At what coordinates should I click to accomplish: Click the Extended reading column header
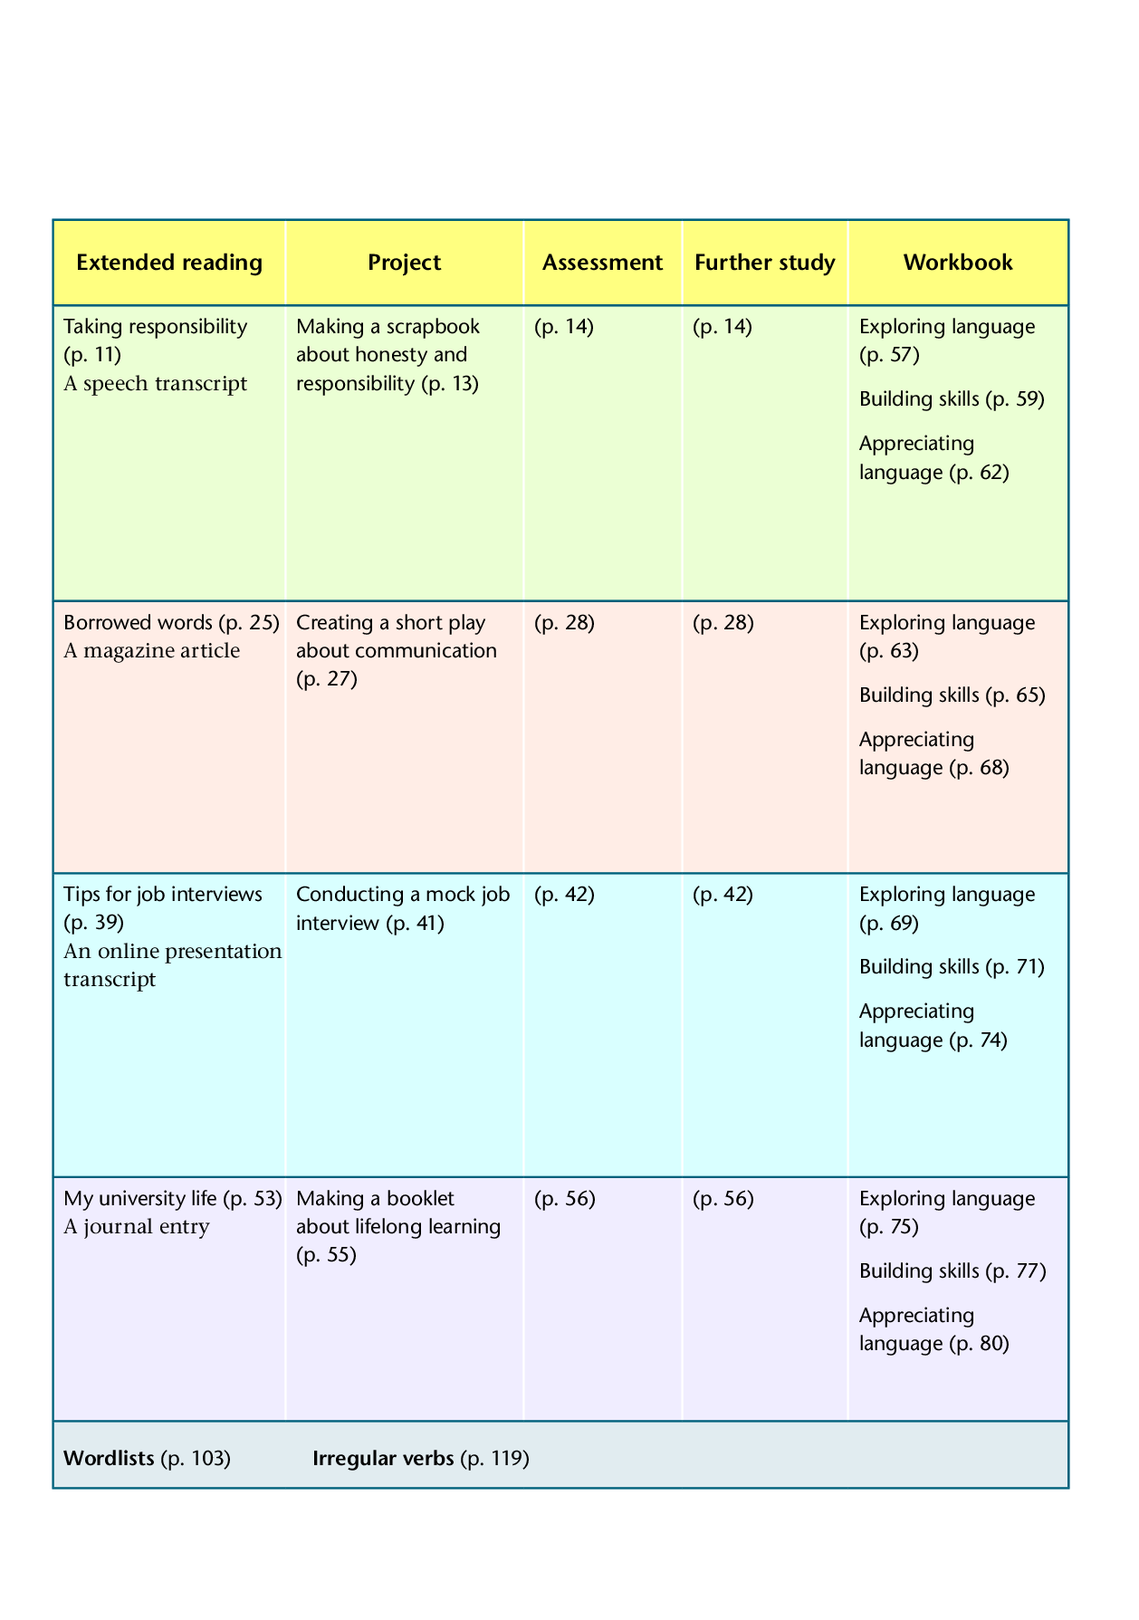(x=169, y=263)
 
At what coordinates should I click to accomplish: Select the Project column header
(x=404, y=263)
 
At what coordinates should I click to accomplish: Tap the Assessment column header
(x=602, y=263)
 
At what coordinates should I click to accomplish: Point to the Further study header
(x=764, y=263)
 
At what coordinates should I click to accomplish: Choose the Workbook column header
(x=958, y=263)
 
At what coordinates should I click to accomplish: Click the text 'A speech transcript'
(x=155, y=384)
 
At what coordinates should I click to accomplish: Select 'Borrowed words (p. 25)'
(x=171, y=623)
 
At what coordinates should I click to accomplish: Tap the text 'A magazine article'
(x=152, y=651)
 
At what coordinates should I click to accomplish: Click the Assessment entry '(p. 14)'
(x=564, y=327)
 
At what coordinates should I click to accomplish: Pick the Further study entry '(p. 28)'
(x=723, y=623)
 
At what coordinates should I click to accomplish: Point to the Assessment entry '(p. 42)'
(x=564, y=895)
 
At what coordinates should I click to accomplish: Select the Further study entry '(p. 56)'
(x=723, y=1199)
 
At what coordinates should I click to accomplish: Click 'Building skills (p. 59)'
(x=952, y=399)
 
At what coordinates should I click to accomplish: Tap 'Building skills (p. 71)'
(x=952, y=967)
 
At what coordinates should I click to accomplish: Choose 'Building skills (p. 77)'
(x=952, y=1271)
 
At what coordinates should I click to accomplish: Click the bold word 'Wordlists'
(x=109, y=1458)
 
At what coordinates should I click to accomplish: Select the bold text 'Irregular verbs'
(x=383, y=1458)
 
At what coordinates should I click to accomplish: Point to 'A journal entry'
(x=137, y=1227)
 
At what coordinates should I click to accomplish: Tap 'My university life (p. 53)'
(x=173, y=1199)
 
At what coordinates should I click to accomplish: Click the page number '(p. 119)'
(x=494, y=1458)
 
